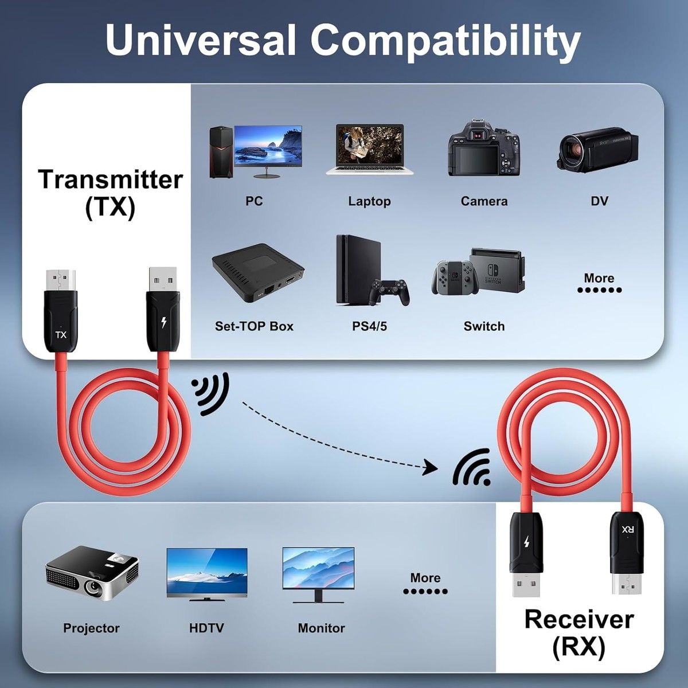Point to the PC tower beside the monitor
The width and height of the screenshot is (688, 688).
(x=221, y=152)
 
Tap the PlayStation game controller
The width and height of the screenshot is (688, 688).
(x=389, y=292)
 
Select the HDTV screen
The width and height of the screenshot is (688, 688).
(x=207, y=574)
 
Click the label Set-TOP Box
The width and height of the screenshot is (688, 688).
(x=254, y=326)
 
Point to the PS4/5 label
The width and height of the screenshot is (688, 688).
(x=370, y=326)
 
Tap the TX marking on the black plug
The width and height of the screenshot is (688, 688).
(x=61, y=335)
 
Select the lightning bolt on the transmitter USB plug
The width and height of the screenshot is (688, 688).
(x=163, y=322)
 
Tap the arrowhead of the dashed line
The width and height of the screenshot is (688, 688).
(x=429, y=467)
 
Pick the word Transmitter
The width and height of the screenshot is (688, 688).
(x=110, y=179)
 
